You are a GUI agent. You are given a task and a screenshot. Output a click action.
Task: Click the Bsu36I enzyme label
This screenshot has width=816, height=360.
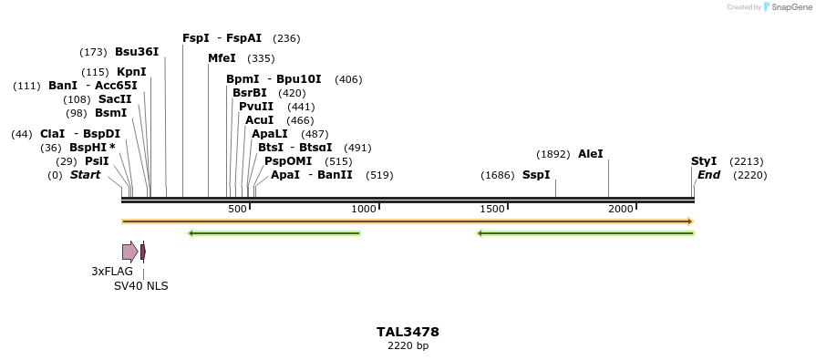coord(137,52)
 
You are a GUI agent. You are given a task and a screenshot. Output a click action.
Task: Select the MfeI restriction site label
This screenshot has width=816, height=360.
coord(222,58)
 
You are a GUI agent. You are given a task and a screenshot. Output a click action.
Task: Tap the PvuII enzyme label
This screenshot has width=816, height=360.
coord(256,107)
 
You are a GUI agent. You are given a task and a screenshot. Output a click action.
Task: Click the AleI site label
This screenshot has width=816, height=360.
coord(591,154)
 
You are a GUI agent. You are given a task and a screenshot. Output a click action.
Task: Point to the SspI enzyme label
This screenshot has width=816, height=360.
coord(536,175)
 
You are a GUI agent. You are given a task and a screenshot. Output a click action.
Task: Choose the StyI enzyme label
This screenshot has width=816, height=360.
coord(704,161)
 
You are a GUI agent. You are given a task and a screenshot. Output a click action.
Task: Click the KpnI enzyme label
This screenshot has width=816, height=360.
coord(131,72)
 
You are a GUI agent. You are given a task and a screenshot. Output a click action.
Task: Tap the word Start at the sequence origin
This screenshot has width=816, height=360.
coord(85,175)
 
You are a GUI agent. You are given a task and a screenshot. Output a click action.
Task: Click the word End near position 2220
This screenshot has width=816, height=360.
coord(709,175)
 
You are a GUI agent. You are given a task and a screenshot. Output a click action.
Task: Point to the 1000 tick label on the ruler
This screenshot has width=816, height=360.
coord(364,209)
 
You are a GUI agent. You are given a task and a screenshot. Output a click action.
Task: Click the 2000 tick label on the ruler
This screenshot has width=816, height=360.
coord(621,209)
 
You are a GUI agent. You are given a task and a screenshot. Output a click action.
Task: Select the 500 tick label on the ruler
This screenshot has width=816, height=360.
coord(237,209)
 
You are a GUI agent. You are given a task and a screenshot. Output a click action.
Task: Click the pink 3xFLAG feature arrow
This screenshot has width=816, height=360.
coord(129,252)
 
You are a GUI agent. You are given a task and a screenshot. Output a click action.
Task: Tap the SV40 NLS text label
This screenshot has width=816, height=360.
coord(140,285)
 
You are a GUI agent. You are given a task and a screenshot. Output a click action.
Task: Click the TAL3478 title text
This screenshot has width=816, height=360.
coord(408,332)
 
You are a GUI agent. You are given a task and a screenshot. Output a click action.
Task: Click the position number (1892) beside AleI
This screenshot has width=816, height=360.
coord(553,155)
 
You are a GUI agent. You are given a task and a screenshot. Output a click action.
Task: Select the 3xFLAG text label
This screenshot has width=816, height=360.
coord(112,272)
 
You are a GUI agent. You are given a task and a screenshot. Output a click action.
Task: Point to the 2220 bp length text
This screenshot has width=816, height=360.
coord(408,345)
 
